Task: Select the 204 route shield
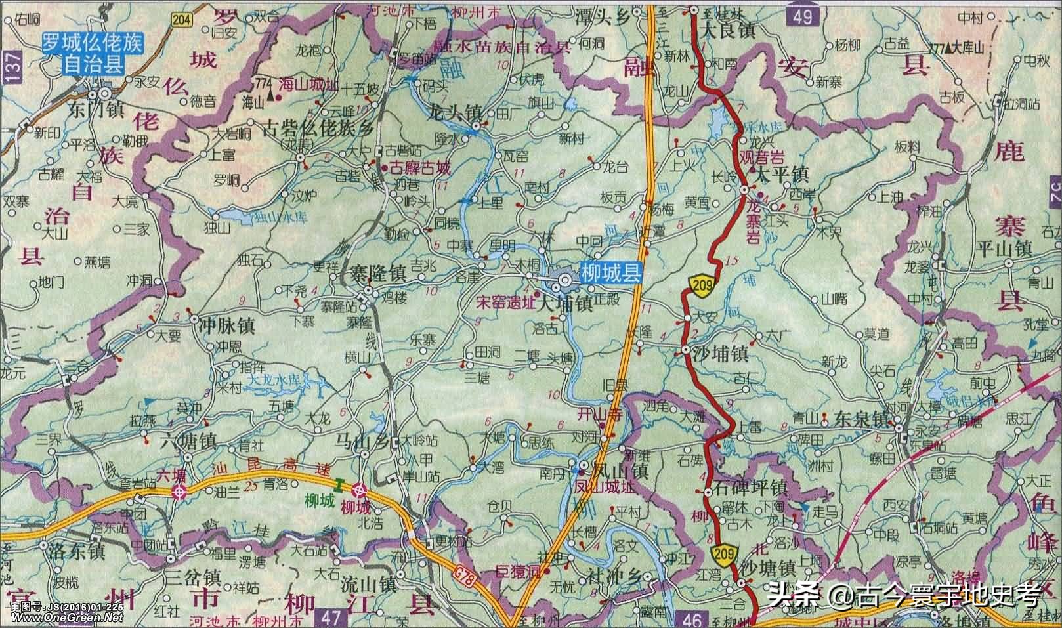[x=184, y=20]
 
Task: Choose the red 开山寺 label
[x=597, y=414]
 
